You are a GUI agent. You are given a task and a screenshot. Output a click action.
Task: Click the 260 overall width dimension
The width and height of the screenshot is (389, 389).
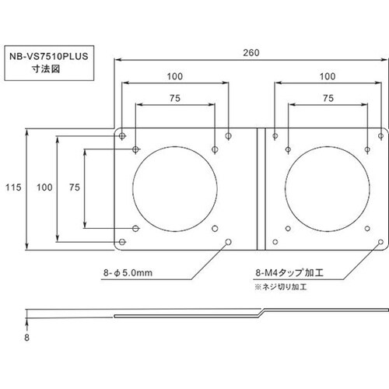251,53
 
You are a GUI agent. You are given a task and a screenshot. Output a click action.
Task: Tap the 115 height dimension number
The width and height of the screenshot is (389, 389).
13,187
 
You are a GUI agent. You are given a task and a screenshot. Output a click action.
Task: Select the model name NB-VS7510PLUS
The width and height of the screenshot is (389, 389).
49,57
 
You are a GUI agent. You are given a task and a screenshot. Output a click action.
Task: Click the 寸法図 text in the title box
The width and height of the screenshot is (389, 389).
46,69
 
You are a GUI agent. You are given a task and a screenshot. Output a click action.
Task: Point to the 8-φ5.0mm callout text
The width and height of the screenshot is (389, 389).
128,273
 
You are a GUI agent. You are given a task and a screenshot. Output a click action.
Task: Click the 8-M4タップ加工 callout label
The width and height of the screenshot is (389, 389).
289,273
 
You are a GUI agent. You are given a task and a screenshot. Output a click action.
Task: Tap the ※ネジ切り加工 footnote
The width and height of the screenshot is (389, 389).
281,287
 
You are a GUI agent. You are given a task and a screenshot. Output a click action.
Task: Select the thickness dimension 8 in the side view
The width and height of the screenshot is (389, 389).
26,338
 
